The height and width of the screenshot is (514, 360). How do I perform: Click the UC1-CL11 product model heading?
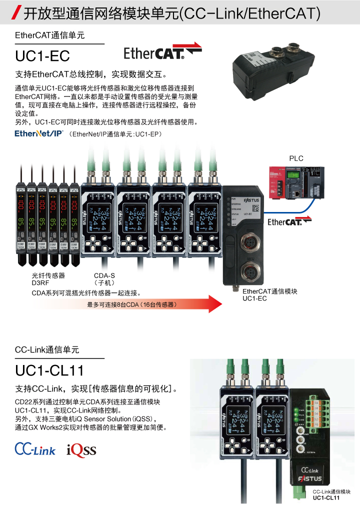pos(49,370)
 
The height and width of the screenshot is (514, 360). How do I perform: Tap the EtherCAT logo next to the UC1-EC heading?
pos(162,52)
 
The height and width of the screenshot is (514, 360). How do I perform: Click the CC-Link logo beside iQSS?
pos(35,449)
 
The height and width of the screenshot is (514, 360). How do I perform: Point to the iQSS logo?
pos(81,450)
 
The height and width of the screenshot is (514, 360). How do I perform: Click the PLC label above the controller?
pos(296,158)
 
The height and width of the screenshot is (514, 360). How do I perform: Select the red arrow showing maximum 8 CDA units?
pos(150,304)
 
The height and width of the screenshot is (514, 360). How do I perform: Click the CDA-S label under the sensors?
pos(104,275)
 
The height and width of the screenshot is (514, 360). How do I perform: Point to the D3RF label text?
pos(40,282)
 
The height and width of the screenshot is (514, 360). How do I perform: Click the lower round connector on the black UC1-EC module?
pos(248,272)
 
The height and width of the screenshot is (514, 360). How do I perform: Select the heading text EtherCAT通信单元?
pos(50,35)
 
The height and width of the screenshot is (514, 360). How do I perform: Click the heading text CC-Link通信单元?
pos(47,350)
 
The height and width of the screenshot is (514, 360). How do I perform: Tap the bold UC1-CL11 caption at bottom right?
pos(326,498)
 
